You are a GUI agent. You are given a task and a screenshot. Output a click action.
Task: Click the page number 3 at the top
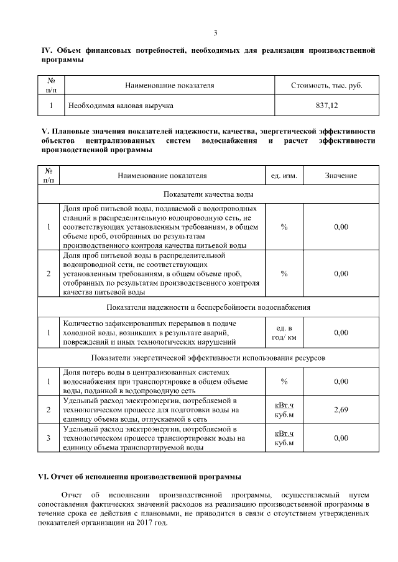point(215,33)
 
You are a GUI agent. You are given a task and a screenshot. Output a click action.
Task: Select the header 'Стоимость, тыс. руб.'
point(326,85)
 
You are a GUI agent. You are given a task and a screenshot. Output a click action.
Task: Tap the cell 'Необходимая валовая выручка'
point(121,106)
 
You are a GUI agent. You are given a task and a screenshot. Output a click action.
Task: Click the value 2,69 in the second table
point(341,410)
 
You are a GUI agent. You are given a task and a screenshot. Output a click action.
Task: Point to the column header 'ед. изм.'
point(284,176)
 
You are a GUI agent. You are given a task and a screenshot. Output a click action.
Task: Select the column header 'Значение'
point(341,176)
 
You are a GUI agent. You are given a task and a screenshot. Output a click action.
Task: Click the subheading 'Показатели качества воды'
point(208,195)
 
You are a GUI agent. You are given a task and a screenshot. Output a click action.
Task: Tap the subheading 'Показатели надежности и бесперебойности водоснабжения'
point(208,307)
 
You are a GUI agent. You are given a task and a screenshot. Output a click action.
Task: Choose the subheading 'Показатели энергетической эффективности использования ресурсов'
point(208,358)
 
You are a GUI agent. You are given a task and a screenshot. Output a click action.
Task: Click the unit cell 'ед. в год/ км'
point(284,333)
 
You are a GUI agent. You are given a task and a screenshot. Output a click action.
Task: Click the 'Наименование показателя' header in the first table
point(169,85)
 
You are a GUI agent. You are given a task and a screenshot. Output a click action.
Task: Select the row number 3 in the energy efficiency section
point(49,438)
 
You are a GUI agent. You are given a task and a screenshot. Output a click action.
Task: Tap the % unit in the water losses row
point(284,381)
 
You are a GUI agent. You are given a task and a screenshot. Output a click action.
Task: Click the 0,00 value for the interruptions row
point(341,333)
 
